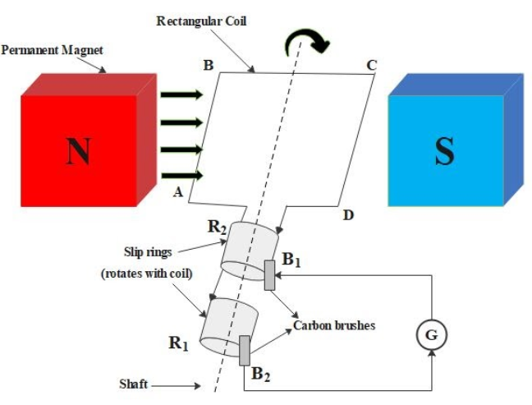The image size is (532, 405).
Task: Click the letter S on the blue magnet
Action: [x=443, y=150]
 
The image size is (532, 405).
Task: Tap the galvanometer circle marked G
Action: [x=432, y=335]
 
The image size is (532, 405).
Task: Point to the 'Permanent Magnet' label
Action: [x=53, y=51]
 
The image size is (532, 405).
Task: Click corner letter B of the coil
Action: [x=209, y=66]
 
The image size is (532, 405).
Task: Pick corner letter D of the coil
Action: [x=348, y=216]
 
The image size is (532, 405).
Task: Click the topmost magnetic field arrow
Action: [x=181, y=95]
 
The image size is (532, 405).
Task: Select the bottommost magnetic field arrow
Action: [x=181, y=175]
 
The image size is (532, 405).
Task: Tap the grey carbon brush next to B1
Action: [x=269, y=274]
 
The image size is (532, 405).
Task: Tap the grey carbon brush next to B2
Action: [x=244, y=350]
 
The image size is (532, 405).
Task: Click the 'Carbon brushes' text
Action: [x=334, y=325]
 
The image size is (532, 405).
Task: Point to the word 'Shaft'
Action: [x=132, y=384]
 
